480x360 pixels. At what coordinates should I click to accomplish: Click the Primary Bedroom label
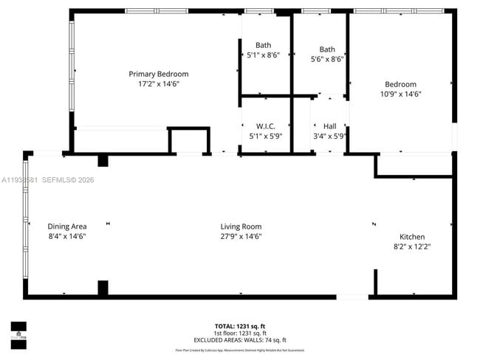pos(158,74)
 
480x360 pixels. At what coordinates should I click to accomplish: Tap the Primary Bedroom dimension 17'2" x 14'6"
pos(158,84)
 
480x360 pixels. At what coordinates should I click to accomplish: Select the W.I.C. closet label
pos(266,126)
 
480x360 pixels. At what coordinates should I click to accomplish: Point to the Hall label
pos(329,126)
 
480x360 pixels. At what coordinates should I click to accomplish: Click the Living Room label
pos(241,226)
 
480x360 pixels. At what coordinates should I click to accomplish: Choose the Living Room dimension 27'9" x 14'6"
pos(241,237)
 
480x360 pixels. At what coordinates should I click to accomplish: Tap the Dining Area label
pos(67,226)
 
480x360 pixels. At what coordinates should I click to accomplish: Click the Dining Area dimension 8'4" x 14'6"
pos(67,237)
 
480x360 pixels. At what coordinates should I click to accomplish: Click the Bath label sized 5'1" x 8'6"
pos(263,45)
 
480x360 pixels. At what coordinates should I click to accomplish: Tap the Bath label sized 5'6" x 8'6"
pos(327,49)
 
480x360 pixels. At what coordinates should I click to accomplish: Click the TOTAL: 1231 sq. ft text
pos(239,326)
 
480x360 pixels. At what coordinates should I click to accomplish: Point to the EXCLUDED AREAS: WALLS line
pos(239,340)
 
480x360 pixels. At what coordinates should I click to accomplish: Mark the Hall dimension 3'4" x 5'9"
pos(329,136)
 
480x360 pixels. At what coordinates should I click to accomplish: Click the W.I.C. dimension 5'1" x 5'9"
pos(266,136)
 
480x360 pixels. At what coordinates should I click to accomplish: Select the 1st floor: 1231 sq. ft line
pos(239,333)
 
